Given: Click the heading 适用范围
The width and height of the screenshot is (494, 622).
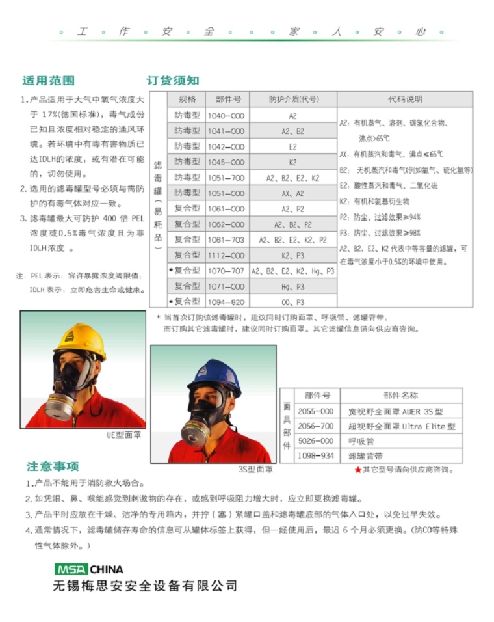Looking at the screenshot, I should click(x=49, y=81).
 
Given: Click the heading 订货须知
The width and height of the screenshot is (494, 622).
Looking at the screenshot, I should click(x=173, y=81).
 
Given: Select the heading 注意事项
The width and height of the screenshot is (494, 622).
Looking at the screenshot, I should click(x=53, y=466).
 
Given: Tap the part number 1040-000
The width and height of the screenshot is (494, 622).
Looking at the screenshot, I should click(x=226, y=116).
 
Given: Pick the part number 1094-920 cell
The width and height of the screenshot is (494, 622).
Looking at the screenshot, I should click(x=226, y=302).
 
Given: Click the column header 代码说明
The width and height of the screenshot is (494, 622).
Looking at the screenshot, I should click(x=406, y=100).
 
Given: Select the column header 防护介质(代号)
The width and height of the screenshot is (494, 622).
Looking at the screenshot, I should click(x=292, y=100).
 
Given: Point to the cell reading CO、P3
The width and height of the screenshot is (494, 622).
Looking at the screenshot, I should click(x=292, y=302).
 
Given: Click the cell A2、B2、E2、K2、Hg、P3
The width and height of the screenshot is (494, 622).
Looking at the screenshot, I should click(x=292, y=271).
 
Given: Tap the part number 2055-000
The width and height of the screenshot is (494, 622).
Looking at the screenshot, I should click(x=317, y=411).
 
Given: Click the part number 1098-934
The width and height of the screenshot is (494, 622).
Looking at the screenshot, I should click(x=317, y=456).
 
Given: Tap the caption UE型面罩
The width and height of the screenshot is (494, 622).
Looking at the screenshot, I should click(x=123, y=435).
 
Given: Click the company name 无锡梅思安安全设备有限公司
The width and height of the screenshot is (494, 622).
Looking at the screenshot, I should click(x=146, y=586).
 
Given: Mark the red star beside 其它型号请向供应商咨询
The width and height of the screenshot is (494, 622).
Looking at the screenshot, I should click(x=357, y=470).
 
